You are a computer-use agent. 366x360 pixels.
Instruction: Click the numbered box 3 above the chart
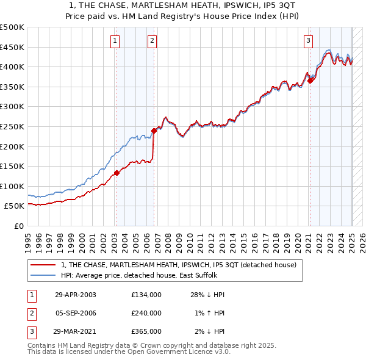click(x=308, y=41)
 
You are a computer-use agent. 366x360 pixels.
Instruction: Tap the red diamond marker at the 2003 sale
click(x=117, y=173)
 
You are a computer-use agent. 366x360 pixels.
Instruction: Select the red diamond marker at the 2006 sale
click(x=154, y=130)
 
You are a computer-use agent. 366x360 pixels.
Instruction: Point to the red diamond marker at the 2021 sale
click(x=310, y=80)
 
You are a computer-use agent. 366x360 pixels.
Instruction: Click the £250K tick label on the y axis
click(x=12, y=126)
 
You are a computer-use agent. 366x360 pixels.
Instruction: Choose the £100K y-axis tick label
click(x=12, y=186)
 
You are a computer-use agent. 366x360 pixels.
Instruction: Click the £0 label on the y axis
click(x=18, y=226)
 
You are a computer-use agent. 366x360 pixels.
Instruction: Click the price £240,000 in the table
click(x=146, y=313)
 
